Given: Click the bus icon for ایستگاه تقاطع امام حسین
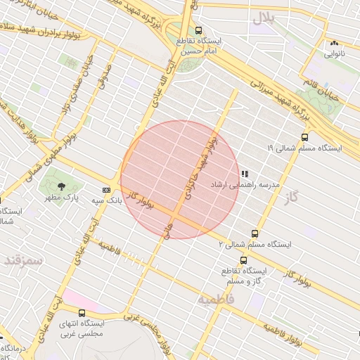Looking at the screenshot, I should [199, 31].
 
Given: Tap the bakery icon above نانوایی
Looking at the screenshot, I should [334, 43].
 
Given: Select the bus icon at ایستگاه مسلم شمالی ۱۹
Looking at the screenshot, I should [304, 137].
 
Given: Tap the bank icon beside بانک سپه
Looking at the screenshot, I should [106, 190].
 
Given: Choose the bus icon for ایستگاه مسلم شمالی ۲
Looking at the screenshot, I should [254, 233].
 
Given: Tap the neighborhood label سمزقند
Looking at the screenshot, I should [22, 260].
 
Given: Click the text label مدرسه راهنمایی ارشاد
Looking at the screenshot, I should [245, 184].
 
